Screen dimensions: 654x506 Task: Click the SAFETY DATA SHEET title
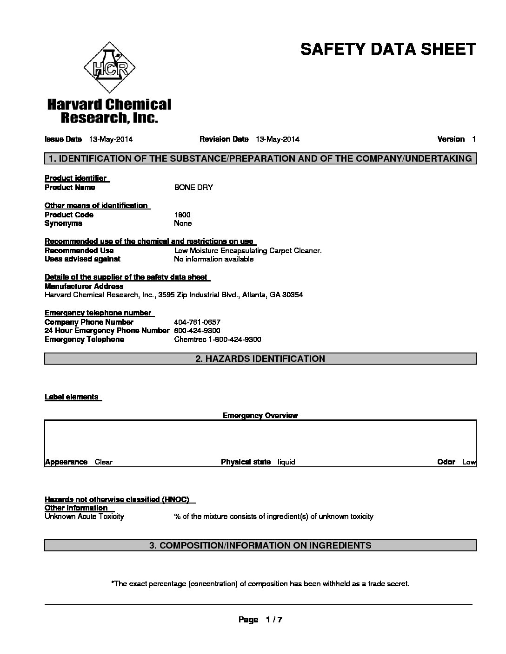point(388,49)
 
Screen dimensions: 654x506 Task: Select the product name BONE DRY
point(193,188)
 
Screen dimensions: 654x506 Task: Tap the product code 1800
point(182,215)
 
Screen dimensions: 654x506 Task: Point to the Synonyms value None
point(183,223)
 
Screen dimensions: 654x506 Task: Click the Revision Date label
point(224,139)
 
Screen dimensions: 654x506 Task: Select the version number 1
point(473,139)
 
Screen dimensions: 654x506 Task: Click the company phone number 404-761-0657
point(197,322)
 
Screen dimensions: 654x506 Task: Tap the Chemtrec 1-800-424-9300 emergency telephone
point(218,340)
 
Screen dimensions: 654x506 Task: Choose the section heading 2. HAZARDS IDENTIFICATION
point(260,359)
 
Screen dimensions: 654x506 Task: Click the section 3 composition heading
point(260,545)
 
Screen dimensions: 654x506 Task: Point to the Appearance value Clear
point(104,462)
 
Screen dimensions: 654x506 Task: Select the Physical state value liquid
point(286,462)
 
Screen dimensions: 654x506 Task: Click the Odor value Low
point(469,462)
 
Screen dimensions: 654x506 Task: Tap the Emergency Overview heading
point(260,416)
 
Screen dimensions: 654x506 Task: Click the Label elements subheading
point(72,397)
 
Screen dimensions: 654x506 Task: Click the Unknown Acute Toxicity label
point(84,517)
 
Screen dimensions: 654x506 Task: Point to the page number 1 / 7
point(274,620)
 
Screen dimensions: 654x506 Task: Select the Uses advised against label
point(82,259)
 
